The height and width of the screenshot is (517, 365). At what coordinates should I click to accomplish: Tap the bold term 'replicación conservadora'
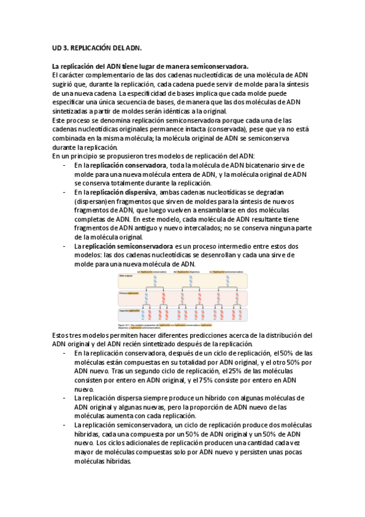pyautogui.click(x=129, y=165)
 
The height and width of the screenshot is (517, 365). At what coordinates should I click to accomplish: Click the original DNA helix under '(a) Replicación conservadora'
pyautogui.click(x=156, y=280)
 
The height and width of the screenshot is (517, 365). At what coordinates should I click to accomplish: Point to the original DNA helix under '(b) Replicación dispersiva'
pyautogui.click(x=191, y=280)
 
